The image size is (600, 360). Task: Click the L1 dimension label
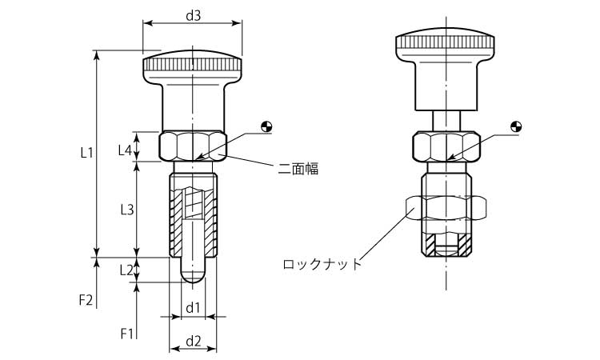point(88,151)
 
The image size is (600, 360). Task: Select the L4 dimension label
point(126,149)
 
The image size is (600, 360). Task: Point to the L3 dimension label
point(126,210)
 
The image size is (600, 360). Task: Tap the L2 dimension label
point(126,270)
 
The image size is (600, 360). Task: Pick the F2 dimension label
point(86,301)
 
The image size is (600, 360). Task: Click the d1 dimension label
point(192,308)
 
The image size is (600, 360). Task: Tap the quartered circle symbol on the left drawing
point(266,126)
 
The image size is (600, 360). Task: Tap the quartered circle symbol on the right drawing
point(517,126)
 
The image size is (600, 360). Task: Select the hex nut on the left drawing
point(193,146)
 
